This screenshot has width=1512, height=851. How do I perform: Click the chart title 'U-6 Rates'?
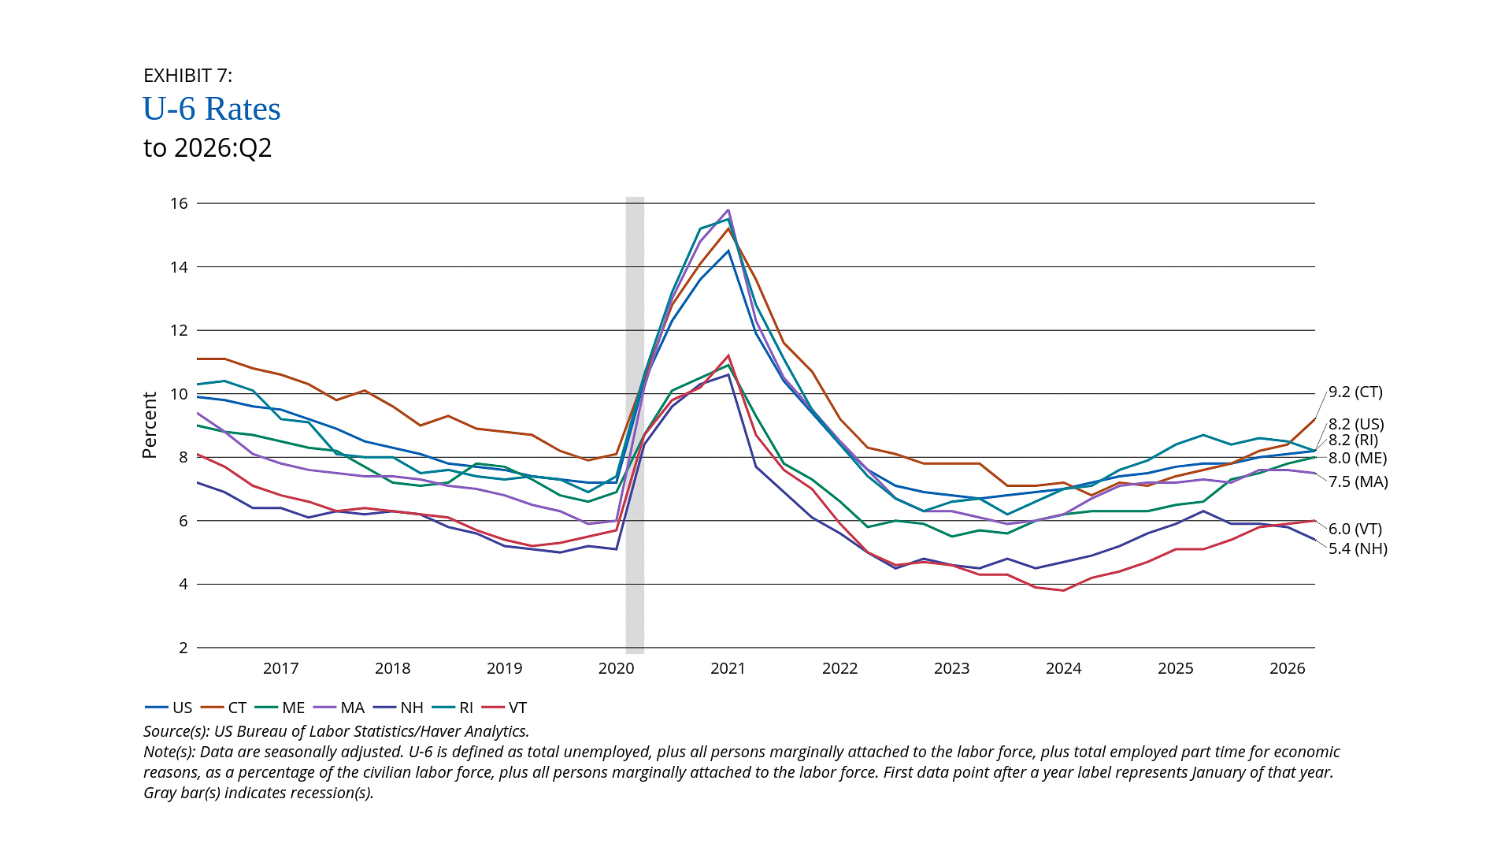[x=211, y=109]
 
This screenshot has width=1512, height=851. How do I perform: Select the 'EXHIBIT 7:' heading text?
[x=187, y=76]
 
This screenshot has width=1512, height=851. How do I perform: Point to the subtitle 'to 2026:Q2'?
[x=207, y=148]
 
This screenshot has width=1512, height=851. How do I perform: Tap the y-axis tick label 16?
[x=179, y=203]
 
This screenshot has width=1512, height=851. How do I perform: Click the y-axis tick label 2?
[x=183, y=648]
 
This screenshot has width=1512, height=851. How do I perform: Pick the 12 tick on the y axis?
[x=179, y=330]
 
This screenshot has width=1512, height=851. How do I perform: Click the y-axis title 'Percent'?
[x=150, y=425]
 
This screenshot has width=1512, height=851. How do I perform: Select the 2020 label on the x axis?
[x=616, y=669]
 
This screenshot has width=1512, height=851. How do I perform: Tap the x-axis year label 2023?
[x=951, y=669]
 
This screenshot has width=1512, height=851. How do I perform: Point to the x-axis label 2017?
[x=280, y=669]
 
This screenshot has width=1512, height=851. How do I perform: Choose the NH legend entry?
[x=399, y=708]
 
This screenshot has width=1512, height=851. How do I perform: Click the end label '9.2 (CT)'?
[x=1355, y=392]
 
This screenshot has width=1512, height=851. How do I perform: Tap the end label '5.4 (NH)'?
[x=1358, y=548]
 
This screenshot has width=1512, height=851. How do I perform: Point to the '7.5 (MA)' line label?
[x=1358, y=481]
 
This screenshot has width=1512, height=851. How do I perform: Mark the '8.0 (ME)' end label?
[x=1358, y=459]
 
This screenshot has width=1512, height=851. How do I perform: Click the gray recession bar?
[x=635, y=425]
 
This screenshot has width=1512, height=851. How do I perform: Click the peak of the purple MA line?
[x=728, y=210]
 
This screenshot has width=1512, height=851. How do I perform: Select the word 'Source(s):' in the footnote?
[x=176, y=731]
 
